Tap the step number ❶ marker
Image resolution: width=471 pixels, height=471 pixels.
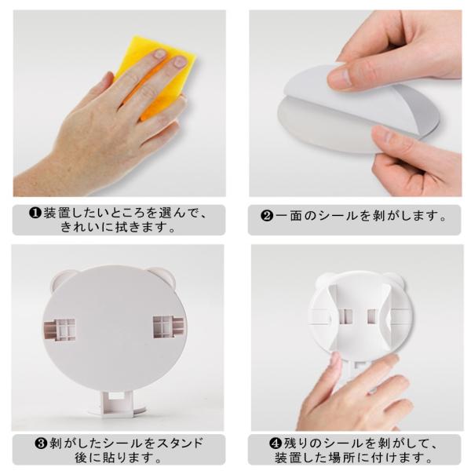[35, 214]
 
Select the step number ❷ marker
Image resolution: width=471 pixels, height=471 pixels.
[266, 216]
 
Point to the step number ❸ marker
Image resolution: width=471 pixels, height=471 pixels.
[41, 444]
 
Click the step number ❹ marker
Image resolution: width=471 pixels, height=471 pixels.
[275, 444]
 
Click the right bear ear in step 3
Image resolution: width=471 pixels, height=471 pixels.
[165, 275]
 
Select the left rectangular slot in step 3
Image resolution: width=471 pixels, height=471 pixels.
[60, 330]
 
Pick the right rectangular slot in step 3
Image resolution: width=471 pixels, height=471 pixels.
[168, 327]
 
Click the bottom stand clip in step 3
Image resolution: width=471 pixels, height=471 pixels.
[118, 403]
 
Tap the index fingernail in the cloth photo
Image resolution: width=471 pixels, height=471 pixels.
[159, 53]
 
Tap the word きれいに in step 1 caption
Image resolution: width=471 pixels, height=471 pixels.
[86, 227]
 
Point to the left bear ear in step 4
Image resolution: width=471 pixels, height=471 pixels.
[323, 280]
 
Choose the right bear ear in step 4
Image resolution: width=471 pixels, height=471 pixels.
[397, 279]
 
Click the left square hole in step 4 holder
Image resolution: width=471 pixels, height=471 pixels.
[346, 316]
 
